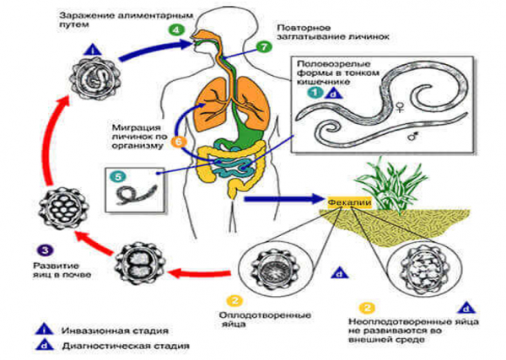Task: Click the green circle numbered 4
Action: click(175, 30)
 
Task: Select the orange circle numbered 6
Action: click(178, 142)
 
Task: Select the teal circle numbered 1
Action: click(313, 94)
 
